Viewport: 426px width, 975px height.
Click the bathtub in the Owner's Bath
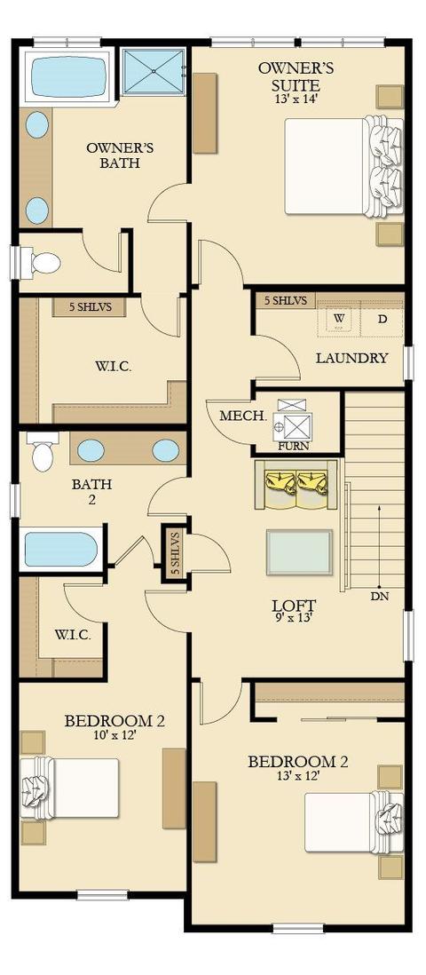[x=68, y=75]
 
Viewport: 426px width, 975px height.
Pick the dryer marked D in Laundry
[x=383, y=319]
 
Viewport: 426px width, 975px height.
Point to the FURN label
[x=294, y=446]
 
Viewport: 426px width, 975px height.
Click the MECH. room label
[x=234, y=415]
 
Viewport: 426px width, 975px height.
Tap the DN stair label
[x=379, y=596]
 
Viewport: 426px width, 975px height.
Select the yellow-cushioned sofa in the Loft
[x=296, y=485]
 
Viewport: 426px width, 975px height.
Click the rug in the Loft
[x=299, y=552]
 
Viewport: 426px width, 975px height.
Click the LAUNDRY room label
[x=352, y=358]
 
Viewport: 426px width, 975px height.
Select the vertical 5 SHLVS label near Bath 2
[x=176, y=553]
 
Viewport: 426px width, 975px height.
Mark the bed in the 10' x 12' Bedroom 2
[x=69, y=788]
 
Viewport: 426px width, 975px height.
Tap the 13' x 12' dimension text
[x=298, y=776]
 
